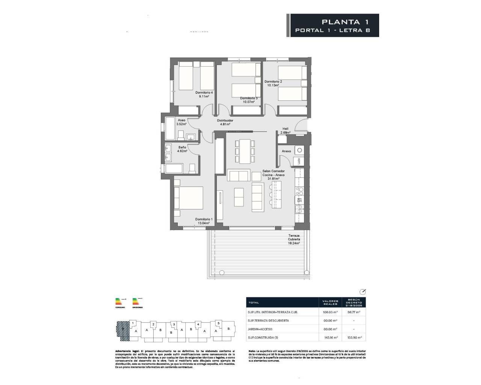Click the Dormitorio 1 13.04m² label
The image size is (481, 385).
tap(204, 221)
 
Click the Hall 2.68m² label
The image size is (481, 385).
tap(285, 130)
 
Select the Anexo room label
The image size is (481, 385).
tap(286, 151)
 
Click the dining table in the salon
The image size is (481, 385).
tap(244, 151)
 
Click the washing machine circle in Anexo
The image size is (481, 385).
tap(299, 150)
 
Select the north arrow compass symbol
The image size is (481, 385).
tap(363, 292)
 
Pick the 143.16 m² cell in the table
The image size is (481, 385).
tap(330, 338)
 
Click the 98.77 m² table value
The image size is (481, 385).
tap(354, 312)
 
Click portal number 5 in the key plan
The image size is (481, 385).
tap(218, 323)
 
